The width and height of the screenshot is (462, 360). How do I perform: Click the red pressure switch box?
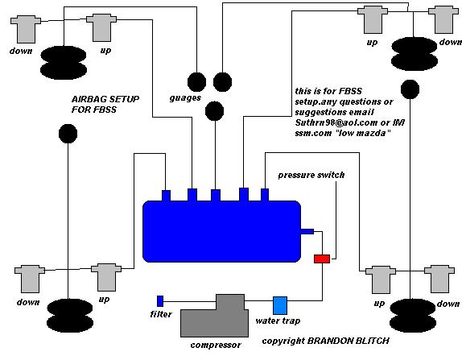tap(322, 259)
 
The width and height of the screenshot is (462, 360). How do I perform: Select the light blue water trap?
tap(280, 305)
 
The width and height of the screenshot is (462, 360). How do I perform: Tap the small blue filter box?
tap(160, 301)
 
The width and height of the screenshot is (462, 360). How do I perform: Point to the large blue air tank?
tap(221, 231)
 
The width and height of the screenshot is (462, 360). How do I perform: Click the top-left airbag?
tap(64, 63)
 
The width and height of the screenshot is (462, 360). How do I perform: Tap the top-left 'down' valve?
tap(26, 29)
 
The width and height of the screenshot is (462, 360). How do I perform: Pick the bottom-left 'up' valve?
tap(106, 277)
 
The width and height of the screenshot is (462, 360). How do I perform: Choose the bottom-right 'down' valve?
tap(439, 279)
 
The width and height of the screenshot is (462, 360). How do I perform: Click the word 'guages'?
tap(185, 98)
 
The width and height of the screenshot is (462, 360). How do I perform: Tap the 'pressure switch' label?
tap(311, 175)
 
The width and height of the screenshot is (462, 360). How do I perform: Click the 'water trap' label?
tap(278, 321)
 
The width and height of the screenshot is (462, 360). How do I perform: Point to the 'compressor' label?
tap(216, 345)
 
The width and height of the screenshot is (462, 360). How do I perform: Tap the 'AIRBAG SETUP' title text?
tap(105, 99)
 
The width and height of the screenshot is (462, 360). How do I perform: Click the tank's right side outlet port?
tap(307, 231)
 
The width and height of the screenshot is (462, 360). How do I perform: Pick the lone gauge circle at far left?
tap(68, 134)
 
